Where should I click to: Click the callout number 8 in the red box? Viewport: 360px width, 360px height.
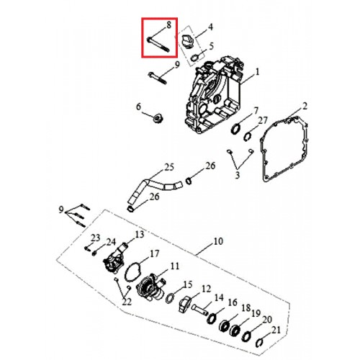(x=169, y=25)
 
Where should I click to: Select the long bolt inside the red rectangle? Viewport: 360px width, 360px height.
(x=158, y=44)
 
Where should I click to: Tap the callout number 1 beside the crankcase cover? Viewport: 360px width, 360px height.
(x=257, y=72)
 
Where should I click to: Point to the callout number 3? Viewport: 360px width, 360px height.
(x=237, y=175)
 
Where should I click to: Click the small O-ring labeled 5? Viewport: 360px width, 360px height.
(x=195, y=58)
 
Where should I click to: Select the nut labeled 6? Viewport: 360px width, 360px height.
(x=158, y=118)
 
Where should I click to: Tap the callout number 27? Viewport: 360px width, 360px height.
(x=263, y=121)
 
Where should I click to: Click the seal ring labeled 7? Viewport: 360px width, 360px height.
(x=235, y=128)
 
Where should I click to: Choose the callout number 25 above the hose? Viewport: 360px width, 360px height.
(x=169, y=167)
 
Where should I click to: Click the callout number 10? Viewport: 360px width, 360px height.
(x=218, y=241)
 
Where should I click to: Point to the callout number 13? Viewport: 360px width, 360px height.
(x=140, y=234)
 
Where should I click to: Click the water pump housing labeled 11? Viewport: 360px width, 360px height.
(x=150, y=287)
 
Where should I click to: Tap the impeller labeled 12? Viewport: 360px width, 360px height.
(x=184, y=304)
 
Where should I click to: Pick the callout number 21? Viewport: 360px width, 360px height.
(x=276, y=330)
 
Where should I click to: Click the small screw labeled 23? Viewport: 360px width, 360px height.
(x=88, y=248)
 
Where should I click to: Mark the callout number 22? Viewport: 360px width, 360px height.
(x=127, y=302)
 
